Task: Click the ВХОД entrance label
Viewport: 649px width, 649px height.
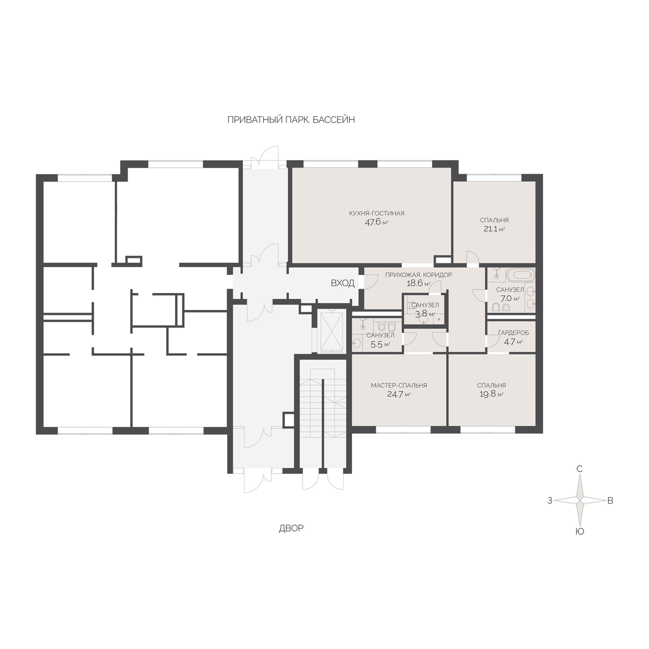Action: (342, 283)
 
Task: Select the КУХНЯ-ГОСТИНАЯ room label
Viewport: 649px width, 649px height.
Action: (376, 213)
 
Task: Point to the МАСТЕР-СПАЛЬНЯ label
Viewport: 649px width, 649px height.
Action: (399, 385)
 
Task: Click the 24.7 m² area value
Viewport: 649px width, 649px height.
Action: (399, 394)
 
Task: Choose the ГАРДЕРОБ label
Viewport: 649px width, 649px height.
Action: (513, 333)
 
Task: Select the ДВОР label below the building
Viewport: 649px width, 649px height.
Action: (291, 528)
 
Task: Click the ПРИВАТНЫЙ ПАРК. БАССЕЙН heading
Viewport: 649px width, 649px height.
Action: (291, 120)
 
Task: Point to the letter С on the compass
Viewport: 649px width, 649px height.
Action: (580, 469)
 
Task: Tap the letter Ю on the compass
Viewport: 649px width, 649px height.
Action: (580, 532)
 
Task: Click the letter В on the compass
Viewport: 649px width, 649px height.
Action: (610, 500)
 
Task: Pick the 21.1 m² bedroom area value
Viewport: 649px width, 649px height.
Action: (494, 229)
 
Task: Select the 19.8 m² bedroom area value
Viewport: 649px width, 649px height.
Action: (492, 394)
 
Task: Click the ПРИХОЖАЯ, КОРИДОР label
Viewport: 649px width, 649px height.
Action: (419, 275)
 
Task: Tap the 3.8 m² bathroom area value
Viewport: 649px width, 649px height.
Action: (425, 314)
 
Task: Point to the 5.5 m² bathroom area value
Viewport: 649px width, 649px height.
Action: (380, 345)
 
